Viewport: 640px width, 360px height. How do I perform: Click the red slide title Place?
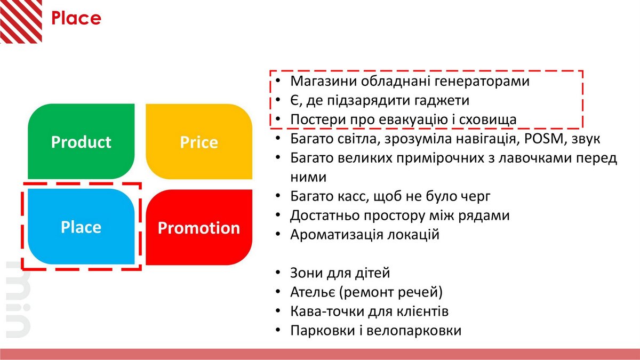tap(76, 18)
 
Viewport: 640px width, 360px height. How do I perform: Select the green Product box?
tap(81, 141)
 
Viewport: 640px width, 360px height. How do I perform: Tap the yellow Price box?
tap(199, 141)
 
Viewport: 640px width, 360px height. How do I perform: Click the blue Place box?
tap(81, 227)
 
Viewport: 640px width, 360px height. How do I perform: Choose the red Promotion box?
tap(199, 227)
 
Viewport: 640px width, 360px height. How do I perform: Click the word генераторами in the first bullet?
tap(482, 82)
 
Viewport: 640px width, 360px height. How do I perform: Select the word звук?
tap(586, 139)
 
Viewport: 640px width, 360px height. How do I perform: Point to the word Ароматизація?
tap(337, 235)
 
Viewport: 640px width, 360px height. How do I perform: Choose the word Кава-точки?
tap(326, 311)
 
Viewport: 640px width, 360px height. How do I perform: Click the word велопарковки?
tap(414, 331)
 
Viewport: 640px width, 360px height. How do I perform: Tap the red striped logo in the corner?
tap(21, 21)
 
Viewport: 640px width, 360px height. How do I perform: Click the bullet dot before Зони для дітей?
tap(278, 273)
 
